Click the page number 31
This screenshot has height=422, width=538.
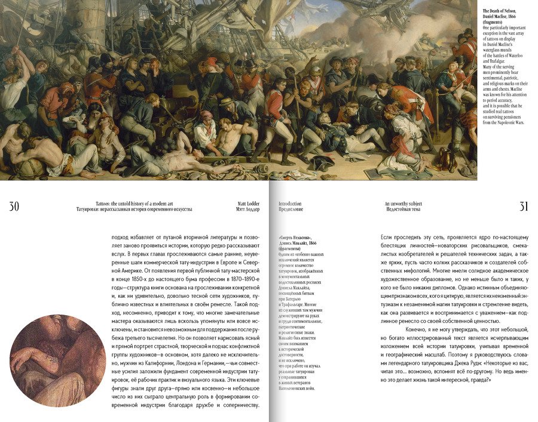coord(523,207)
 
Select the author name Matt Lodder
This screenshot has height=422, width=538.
coord(249,204)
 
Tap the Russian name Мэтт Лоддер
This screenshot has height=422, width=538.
coord(249,210)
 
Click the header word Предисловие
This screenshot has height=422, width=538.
coord(291,210)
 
